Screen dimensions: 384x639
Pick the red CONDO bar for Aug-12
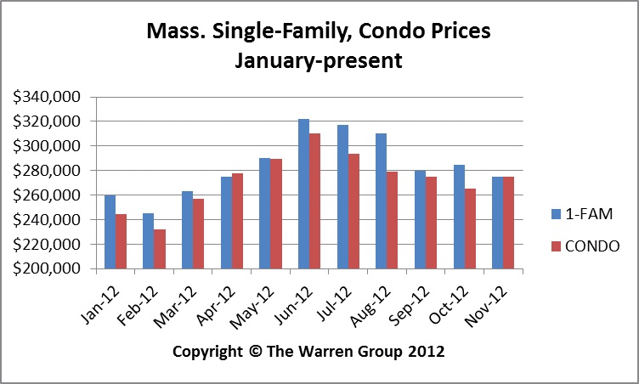point(392,220)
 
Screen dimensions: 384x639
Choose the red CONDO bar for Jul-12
point(353,212)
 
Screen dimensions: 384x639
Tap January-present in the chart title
point(319,61)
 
